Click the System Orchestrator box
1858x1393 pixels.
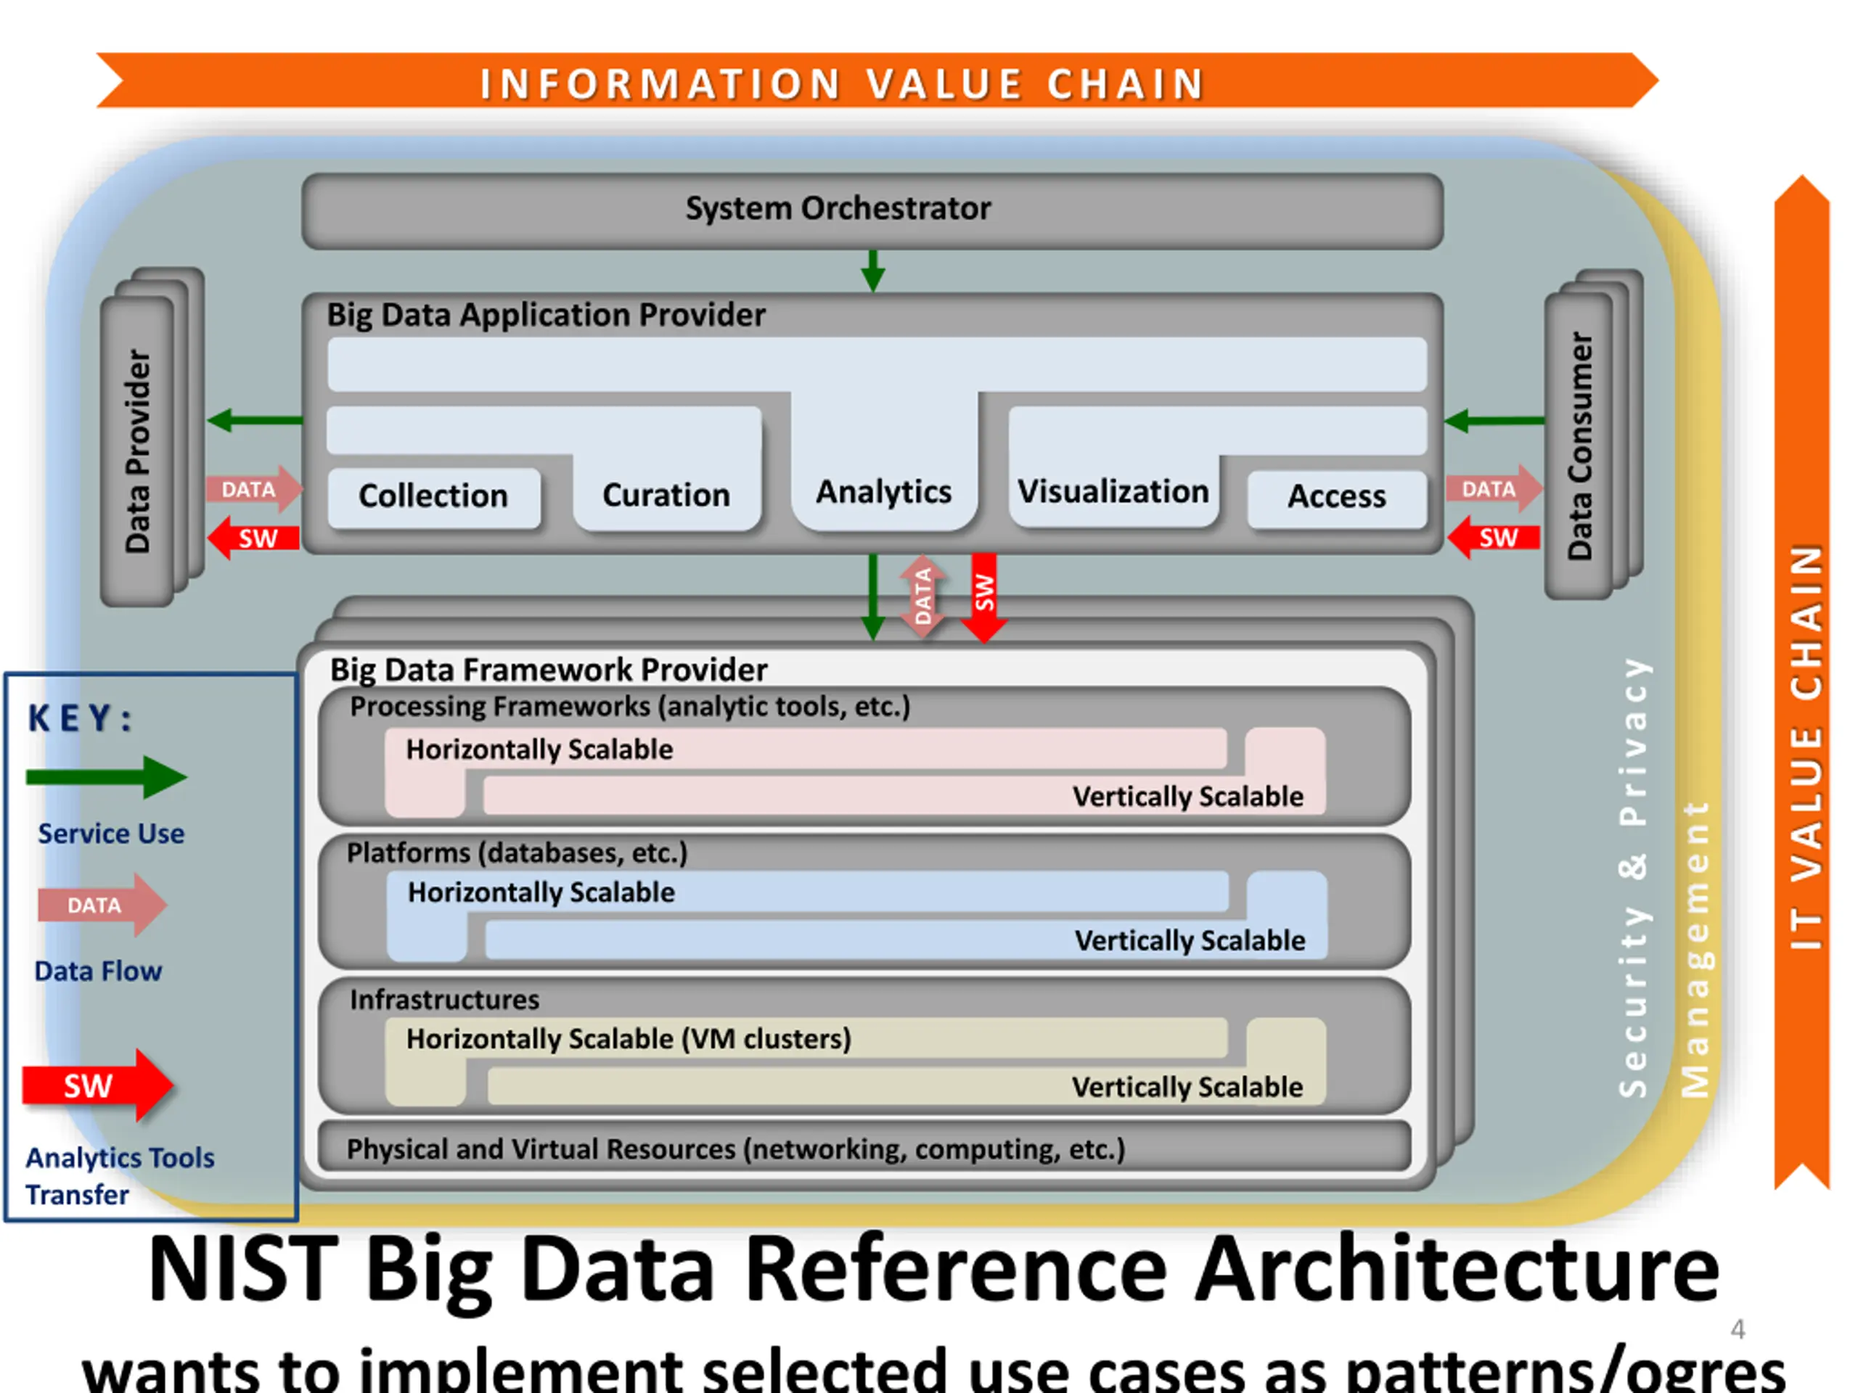(872, 210)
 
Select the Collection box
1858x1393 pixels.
(433, 497)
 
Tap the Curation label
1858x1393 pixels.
(666, 496)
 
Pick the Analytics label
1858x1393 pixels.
(884, 492)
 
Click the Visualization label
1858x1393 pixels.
(1113, 491)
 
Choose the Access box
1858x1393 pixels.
(1337, 498)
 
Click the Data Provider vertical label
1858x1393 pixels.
(138, 452)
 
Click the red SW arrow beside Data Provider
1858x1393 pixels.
(253, 538)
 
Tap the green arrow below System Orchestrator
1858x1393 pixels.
(874, 271)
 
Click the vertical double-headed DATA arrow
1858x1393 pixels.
(922, 597)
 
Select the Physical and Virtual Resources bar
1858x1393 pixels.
(864, 1147)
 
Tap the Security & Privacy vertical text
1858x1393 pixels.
(1634, 877)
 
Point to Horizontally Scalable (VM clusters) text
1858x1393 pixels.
(629, 1040)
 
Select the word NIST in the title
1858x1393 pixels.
(244, 1269)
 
